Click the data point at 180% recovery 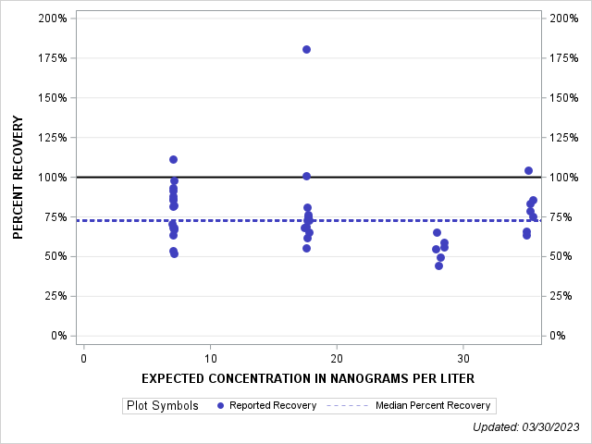click(x=306, y=49)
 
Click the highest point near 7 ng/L click(x=173, y=159)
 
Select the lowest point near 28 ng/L click(x=438, y=265)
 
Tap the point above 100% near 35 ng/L click(x=528, y=170)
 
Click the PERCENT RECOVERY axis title click(x=18, y=177)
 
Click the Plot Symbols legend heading click(x=162, y=405)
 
